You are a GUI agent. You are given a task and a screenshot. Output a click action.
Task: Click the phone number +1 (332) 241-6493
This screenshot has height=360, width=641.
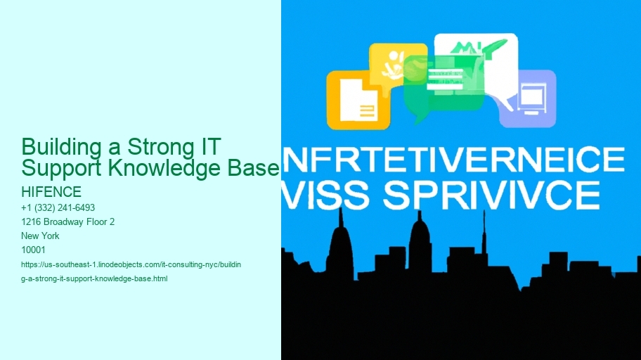(x=59, y=207)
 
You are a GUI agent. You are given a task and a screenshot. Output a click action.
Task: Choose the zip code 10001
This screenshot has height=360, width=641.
(x=34, y=250)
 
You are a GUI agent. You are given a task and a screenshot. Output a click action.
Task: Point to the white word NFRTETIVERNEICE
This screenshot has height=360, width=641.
(x=453, y=161)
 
